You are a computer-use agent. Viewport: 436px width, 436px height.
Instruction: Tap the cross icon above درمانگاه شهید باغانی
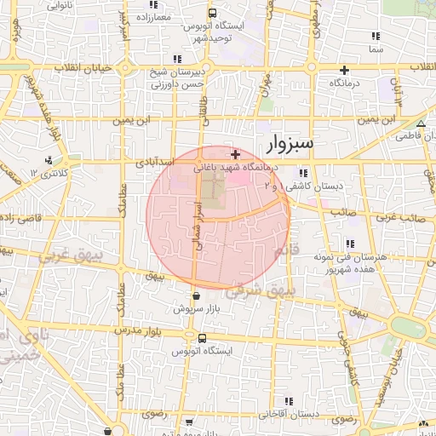click(x=235, y=154)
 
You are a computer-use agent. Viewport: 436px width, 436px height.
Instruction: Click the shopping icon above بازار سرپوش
click(x=198, y=295)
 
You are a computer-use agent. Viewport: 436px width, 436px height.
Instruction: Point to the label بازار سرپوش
click(x=192, y=308)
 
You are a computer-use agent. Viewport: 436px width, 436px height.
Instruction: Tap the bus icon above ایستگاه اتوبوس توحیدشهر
click(x=212, y=13)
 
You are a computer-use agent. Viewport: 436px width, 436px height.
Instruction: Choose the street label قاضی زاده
click(x=19, y=219)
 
